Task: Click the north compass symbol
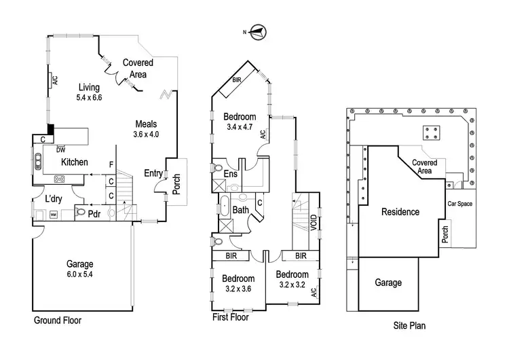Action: [258, 30]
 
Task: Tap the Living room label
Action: [88, 92]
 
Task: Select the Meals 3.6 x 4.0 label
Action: [147, 129]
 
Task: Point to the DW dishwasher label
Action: [61, 149]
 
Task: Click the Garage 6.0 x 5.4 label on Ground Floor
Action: [79, 269]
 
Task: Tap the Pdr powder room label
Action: [94, 212]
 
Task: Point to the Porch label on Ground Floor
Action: [176, 184]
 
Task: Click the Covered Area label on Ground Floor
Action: [137, 69]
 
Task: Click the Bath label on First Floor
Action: [241, 211]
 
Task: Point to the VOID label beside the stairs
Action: [314, 224]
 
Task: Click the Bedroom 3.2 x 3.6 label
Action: [238, 284]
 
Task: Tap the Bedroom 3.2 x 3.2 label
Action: [293, 279]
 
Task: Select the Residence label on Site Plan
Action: [400, 212]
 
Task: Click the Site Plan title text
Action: [409, 326]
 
